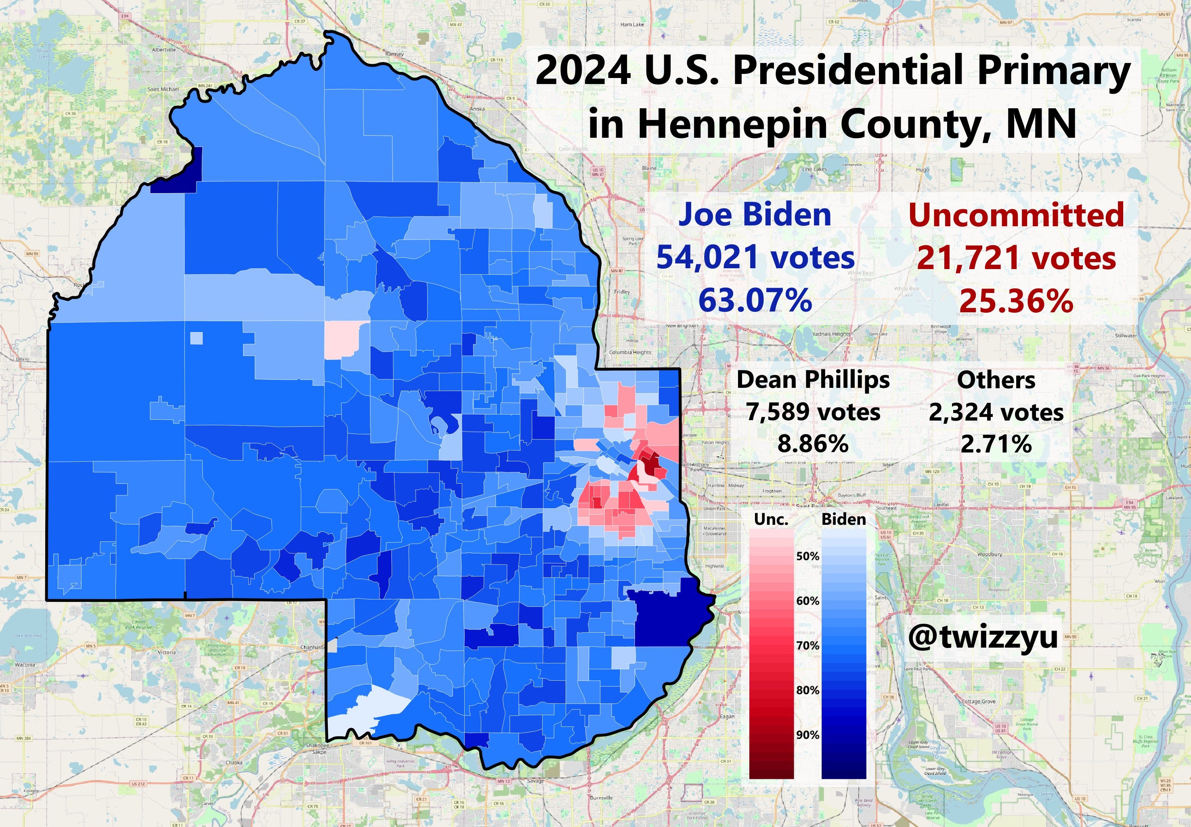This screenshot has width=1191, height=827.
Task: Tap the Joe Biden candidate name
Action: pos(755,214)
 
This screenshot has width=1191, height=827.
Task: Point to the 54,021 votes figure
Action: pos(755,257)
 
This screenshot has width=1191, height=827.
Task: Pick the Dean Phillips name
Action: pos(813,380)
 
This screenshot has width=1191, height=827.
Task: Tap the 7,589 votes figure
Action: pos(813,412)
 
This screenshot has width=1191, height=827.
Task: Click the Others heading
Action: pos(996,380)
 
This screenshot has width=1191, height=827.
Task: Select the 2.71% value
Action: pos(996,444)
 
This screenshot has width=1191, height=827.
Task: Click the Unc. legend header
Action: pos(771,520)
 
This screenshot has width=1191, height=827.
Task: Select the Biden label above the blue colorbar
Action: pos(843,520)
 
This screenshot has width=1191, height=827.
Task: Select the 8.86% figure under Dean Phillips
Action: pos(813,444)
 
